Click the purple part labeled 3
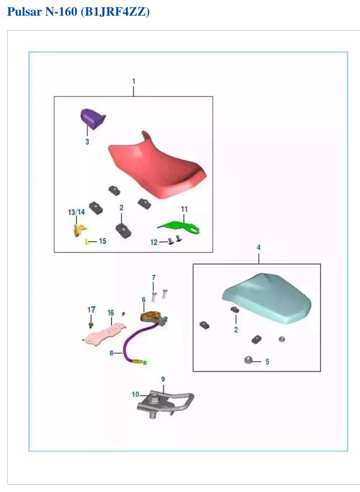(x=92, y=119)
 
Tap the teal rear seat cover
(x=268, y=298)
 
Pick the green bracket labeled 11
(x=180, y=227)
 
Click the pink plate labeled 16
(x=104, y=334)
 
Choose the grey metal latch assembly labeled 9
(x=165, y=404)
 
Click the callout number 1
(x=134, y=81)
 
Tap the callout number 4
(x=259, y=247)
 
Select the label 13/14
(x=76, y=212)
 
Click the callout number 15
(x=102, y=241)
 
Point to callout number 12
(x=154, y=242)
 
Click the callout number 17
(x=91, y=310)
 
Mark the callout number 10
(x=135, y=394)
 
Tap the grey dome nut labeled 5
(x=248, y=360)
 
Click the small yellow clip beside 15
(x=87, y=241)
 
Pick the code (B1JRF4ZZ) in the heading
(x=115, y=12)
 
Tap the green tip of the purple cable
(x=145, y=363)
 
